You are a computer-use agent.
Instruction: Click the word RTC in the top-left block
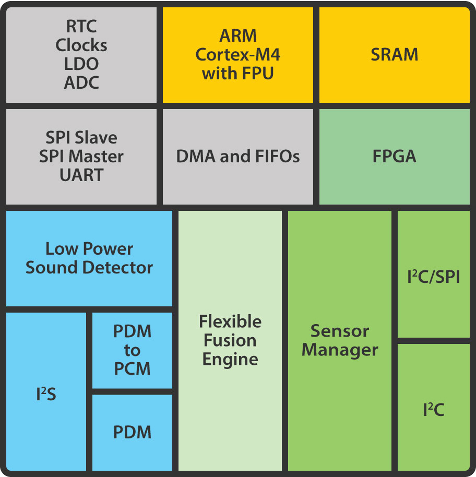pos(81,26)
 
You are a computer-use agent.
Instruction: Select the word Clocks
pos(81,45)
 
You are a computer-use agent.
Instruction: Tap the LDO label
pos(81,64)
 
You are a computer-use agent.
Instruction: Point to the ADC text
pos(81,82)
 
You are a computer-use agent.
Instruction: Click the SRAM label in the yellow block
pos(394,55)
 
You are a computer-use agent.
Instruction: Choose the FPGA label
pos(394,157)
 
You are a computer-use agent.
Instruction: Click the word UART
pos(81,175)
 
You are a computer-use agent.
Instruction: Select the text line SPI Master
pos(81,157)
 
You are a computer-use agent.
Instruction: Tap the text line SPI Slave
pos(81,138)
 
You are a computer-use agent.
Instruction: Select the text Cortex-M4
pos(238,55)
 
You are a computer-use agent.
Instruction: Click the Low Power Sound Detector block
pos(89,258)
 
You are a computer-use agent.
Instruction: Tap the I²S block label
pos(46,395)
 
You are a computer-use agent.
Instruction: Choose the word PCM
pos(132,369)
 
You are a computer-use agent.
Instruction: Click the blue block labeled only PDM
pos(132,433)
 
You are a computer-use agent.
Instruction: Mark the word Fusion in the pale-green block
pos(230,340)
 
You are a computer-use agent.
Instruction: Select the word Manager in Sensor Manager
pos(340,350)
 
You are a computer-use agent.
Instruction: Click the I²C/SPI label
pos(433,277)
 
